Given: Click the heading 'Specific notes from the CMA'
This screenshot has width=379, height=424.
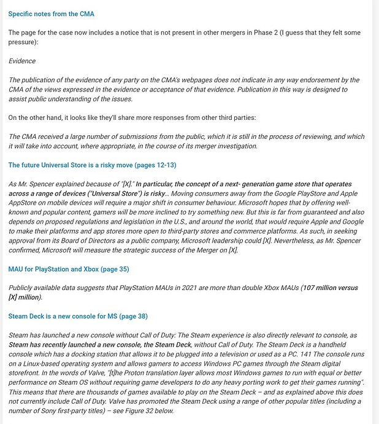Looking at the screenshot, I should point(52,14).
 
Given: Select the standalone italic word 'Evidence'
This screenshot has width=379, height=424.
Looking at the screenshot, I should point(22,61).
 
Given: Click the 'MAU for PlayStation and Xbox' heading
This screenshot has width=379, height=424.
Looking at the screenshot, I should point(69,269).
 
